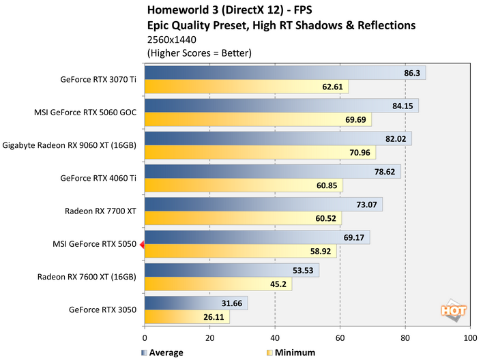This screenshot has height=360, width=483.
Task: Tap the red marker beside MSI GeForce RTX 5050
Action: pyautogui.click(x=142, y=244)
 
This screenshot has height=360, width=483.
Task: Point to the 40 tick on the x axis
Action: pyautogui.click(x=275, y=337)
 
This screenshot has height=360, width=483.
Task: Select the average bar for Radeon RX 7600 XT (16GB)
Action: pyautogui.click(x=231, y=270)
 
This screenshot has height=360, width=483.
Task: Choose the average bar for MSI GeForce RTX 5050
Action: pyautogui.click(x=257, y=237)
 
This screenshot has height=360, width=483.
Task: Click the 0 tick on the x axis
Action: pyautogui.click(x=145, y=337)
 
